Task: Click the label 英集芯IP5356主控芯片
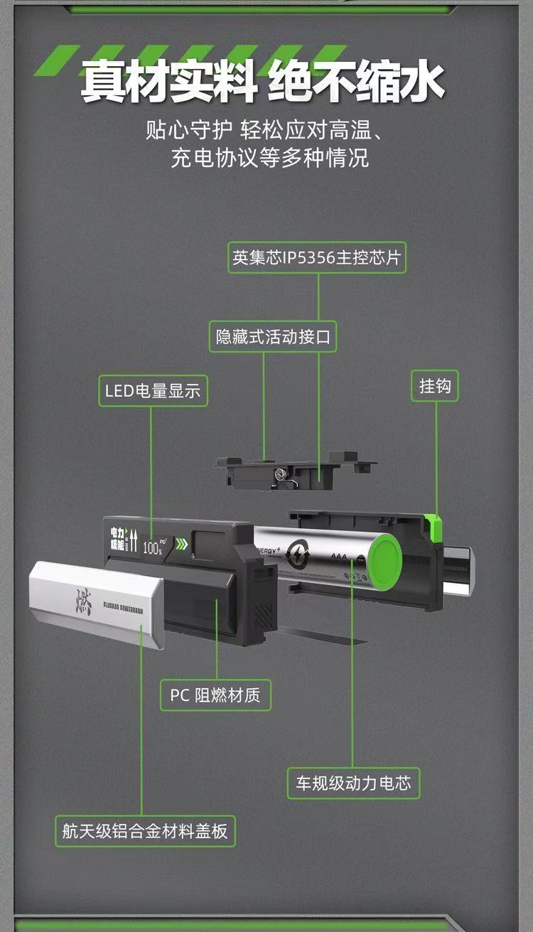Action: pyautogui.click(x=318, y=258)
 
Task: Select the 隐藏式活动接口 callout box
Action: pyautogui.click(x=274, y=336)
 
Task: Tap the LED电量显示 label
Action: pyautogui.click(x=153, y=390)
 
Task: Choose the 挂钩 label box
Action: pyautogui.click(x=435, y=386)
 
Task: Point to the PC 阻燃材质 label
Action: pyautogui.click(x=216, y=695)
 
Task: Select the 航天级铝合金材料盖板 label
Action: pyautogui.click(x=145, y=831)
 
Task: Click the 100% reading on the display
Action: pyautogui.click(x=152, y=548)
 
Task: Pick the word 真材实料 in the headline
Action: pyautogui.click(x=168, y=81)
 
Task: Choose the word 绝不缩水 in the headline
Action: pyautogui.click(x=357, y=81)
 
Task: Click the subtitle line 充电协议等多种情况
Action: pyautogui.click(x=270, y=158)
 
